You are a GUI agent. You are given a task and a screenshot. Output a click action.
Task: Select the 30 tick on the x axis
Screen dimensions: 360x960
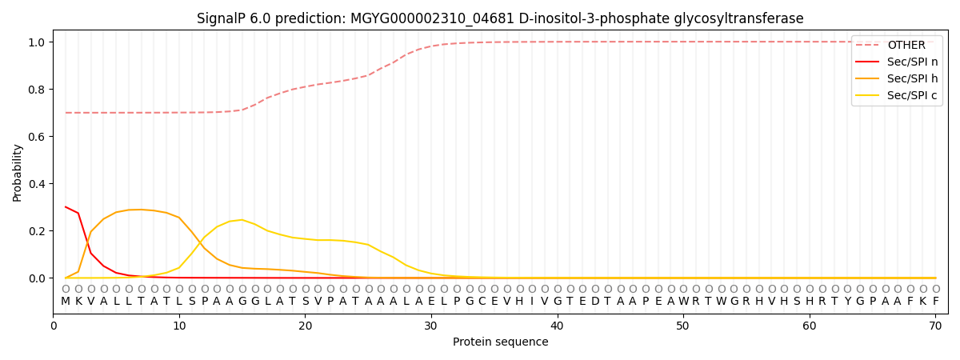coord(431,326)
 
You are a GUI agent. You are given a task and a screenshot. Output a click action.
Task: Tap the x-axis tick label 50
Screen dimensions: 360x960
coord(683,326)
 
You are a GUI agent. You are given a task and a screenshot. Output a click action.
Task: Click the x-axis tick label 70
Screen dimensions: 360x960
coord(935,326)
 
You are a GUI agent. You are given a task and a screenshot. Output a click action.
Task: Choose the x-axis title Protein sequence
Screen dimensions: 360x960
coord(500,342)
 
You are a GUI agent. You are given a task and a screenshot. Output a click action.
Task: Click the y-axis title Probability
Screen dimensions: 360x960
coord(18,173)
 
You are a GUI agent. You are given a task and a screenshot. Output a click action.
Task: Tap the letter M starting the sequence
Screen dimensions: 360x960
coord(66,302)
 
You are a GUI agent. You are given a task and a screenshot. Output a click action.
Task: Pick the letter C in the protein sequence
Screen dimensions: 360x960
coord(482,302)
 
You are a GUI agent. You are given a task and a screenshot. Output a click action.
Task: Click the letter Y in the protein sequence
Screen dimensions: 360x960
coord(847,302)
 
